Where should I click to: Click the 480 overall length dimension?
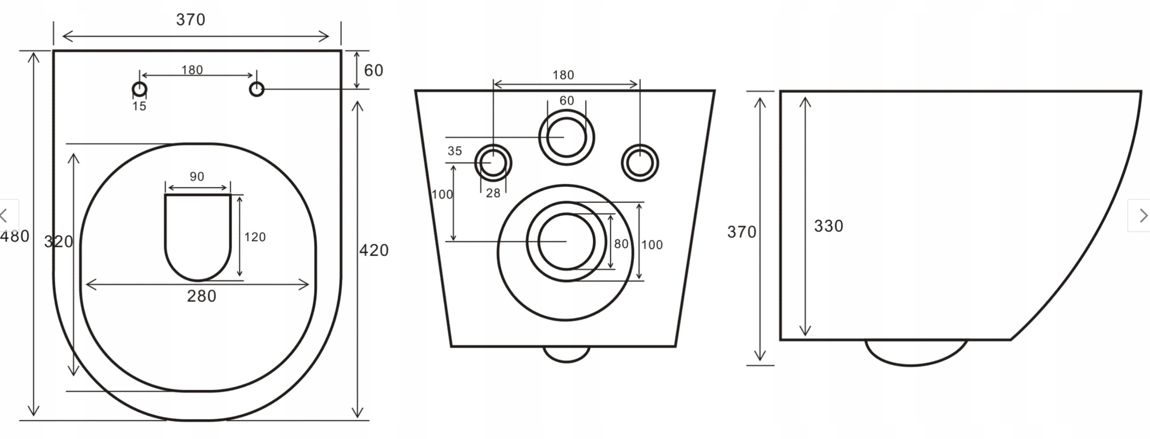pos(15,236)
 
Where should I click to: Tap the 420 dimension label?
pos(374,250)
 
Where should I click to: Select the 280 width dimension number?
pos(201,296)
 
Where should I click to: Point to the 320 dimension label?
pos(58,242)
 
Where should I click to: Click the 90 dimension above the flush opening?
pos(197,176)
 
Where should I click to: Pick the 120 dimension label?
pos(255,237)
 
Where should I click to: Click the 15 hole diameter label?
pos(139,106)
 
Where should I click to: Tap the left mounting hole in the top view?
pos(140,89)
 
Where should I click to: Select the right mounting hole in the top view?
pos(257,89)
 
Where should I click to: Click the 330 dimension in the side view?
pos(829,226)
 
